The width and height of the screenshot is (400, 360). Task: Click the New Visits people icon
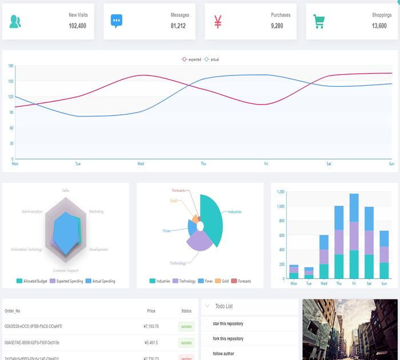click(15, 22)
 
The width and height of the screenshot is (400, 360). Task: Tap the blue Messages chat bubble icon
click(117, 22)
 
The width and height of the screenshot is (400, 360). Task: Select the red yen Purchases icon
click(218, 22)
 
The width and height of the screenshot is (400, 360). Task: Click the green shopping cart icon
click(319, 22)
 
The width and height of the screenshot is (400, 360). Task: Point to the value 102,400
click(77, 26)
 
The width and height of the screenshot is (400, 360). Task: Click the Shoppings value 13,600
click(379, 26)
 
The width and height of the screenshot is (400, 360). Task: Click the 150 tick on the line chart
click(10, 81)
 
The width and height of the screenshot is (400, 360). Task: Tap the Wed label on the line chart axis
click(141, 164)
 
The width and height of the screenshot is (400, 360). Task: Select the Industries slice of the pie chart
click(214, 217)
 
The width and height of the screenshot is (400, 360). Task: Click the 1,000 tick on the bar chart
click(280, 207)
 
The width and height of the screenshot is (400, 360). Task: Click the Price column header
click(151, 311)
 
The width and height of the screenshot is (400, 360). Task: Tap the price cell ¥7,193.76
click(151, 326)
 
